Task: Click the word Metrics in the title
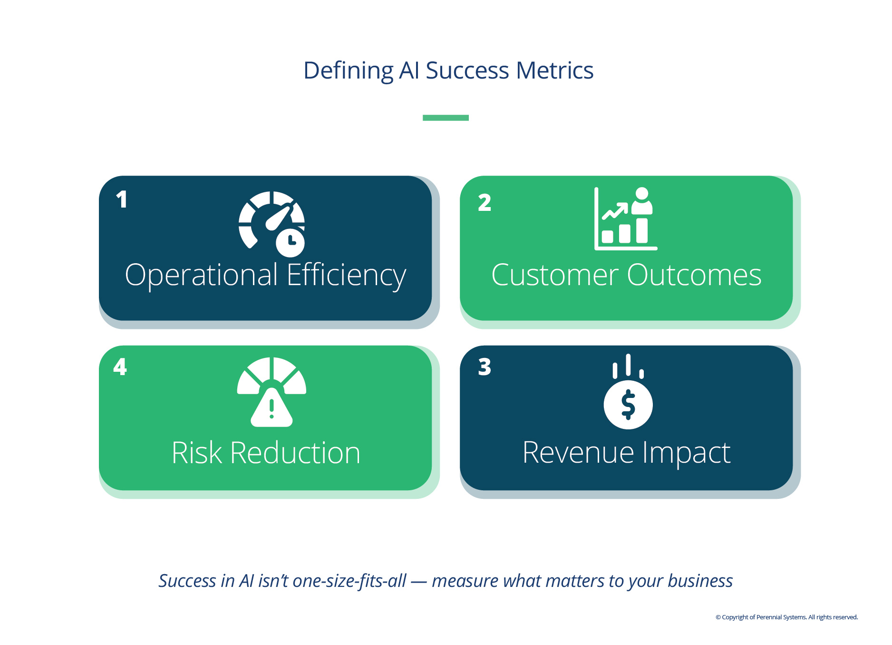tap(554, 70)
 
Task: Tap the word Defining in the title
tap(349, 71)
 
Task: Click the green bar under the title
tap(446, 118)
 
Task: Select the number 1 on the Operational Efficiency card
tap(122, 199)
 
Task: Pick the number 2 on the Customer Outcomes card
tap(485, 202)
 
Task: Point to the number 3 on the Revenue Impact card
tap(485, 367)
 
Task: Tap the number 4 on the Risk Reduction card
tap(120, 367)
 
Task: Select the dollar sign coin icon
tap(628, 405)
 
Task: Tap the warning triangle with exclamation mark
tap(271, 407)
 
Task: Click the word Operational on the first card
tap(202, 276)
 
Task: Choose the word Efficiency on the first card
tap(347, 276)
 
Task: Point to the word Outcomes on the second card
tap(695, 275)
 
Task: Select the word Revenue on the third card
tap(579, 453)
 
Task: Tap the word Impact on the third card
tap(687, 453)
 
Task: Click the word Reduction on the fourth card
tap(295, 453)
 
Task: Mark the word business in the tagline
tap(700, 581)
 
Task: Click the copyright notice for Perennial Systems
tap(787, 617)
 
